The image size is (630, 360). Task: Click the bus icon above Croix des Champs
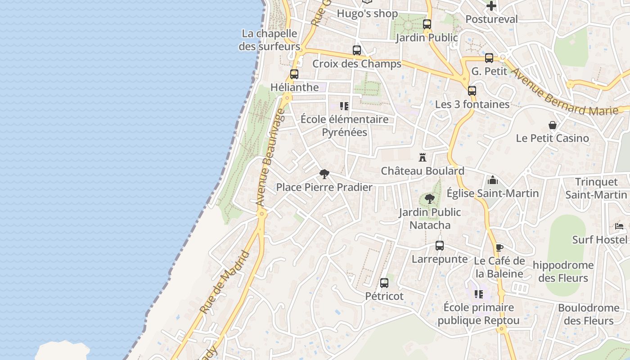357,50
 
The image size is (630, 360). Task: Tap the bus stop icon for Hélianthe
294,74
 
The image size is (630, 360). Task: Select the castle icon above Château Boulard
422,157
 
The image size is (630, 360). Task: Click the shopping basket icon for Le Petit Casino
553,125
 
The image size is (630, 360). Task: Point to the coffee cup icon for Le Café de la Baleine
499,247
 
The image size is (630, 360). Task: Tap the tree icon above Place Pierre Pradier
324,174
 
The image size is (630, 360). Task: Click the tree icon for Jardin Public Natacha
430,198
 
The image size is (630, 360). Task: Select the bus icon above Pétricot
384,283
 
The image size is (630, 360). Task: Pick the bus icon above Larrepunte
440,246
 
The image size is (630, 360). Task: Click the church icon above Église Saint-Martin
493,180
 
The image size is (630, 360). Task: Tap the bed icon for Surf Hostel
620,226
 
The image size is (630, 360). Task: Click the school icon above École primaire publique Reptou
479,294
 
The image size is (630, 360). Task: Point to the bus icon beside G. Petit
489,58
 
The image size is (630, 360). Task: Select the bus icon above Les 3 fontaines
472,91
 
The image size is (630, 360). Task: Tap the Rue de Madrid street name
225,282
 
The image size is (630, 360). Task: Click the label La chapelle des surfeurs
269,40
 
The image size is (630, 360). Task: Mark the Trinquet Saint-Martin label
596,188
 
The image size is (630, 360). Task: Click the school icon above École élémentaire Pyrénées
344,106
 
